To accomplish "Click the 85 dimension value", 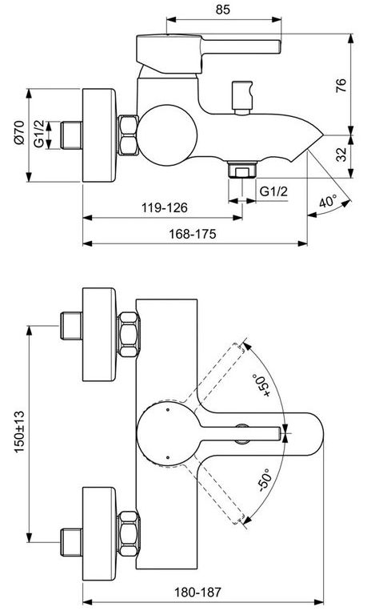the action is click(222, 9).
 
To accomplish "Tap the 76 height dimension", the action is click(341, 85).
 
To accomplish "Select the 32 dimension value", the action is click(341, 154).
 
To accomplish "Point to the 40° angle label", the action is click(328, 202).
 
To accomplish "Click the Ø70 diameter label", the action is click(18, 133).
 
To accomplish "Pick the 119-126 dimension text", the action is click(165, 207).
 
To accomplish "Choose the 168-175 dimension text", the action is click(193, 234).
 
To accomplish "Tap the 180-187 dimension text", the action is click(197, 592).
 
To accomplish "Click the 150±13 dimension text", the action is click(19, 432).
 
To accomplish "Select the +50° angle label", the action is click(262, 384).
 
